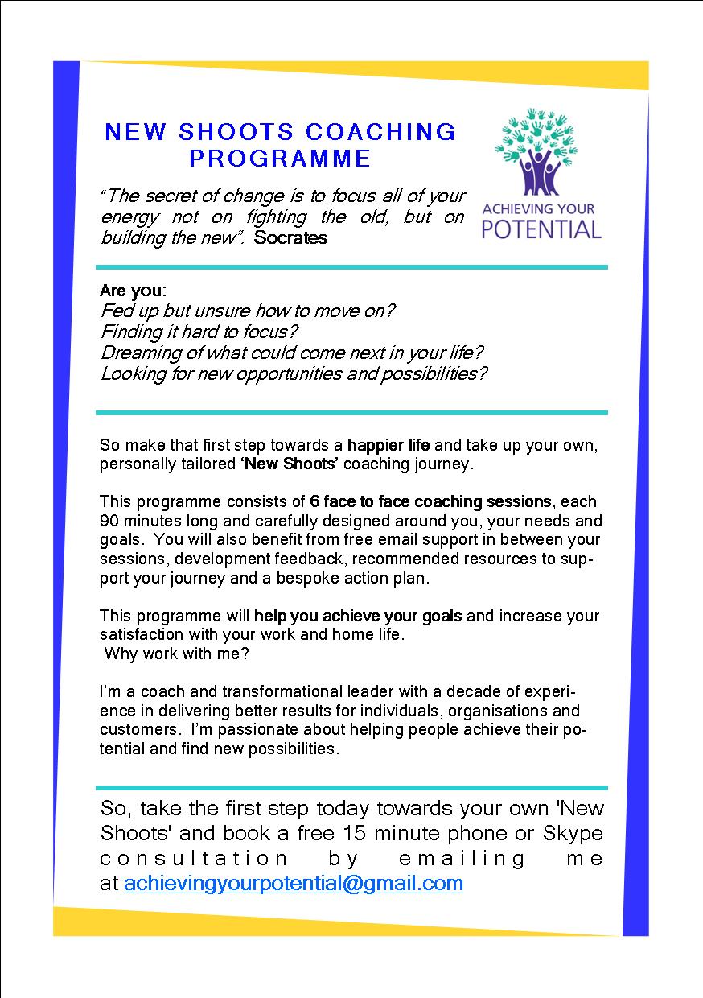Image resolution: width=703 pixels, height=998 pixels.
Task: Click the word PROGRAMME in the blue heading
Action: (x=280, y=159)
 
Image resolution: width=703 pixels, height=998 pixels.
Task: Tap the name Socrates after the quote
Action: (x=290, y=238)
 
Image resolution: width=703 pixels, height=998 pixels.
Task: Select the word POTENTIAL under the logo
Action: (x=541, y=229)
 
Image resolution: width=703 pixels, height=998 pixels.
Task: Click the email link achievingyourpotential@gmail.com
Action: (x=293, y=883)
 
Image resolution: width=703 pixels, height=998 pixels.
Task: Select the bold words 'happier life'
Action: (x=388, y=444)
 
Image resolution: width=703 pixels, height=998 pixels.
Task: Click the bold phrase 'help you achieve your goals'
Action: (x=358, y=617)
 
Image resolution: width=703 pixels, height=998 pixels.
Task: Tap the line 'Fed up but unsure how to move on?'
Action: (x=248, y=311)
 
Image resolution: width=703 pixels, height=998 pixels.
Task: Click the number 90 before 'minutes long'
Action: (x=109, y=521)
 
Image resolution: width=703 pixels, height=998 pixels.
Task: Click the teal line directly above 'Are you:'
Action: (x=351, y=266)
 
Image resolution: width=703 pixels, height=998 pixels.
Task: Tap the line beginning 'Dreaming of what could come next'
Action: (x=292, y=353)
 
